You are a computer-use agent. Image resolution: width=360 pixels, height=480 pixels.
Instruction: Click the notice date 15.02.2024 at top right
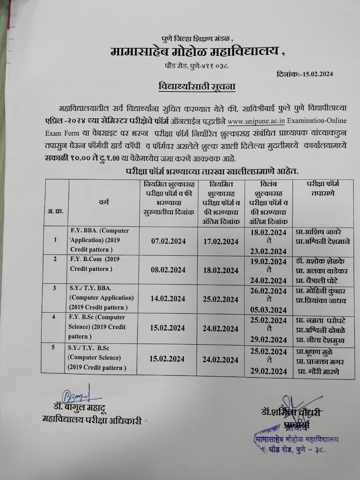[x=316, y=74]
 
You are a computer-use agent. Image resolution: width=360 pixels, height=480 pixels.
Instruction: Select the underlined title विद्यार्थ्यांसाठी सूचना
[x=197, y=87]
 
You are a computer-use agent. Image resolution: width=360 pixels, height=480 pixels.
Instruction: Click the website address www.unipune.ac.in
[x=256, y=121]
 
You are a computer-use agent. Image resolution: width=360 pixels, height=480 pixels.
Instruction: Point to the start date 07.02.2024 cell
[x=168, y=241]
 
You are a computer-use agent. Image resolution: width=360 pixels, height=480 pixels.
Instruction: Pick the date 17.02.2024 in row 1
[x=221, y=242]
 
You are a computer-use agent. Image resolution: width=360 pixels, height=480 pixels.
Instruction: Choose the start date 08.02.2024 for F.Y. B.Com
[x=168, y=270]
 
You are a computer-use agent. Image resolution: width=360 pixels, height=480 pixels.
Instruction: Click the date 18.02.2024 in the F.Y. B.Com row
[x=221, y=270]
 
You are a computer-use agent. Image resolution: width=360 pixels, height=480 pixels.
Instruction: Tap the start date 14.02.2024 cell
[x=168, y=299]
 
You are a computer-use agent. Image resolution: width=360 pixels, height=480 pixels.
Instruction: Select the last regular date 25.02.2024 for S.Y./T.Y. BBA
[x=220, y=299]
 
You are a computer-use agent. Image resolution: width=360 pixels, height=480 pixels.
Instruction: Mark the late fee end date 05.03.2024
[x=268, y=310]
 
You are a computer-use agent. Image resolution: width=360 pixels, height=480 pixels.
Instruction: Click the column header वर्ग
[x=104, y=202]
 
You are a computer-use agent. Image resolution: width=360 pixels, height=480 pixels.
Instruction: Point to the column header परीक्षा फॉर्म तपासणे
[x=323, y=188]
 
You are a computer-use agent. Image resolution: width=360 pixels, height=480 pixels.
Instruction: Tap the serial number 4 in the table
[x=54, y=316]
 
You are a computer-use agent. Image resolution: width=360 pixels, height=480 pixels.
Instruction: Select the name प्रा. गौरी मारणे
[x=319, y=371]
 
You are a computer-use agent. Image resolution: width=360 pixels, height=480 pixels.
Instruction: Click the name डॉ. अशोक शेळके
[x=320, y=261]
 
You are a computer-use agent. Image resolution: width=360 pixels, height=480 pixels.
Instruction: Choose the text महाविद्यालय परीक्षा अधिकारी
[x=92, y=421]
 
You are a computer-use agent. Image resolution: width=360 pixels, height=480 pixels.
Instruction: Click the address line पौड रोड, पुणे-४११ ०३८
[x=197, y=65]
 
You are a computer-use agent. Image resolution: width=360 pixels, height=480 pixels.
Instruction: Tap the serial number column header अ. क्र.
[x=55, y=211]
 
